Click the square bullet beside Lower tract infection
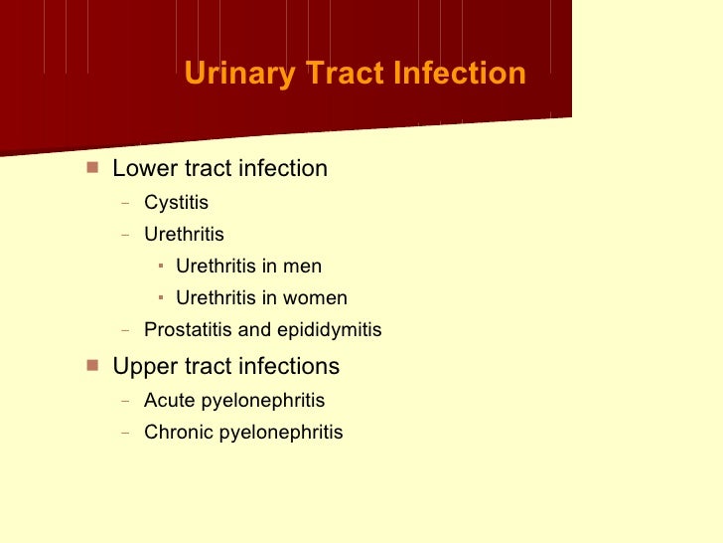coord(92,167)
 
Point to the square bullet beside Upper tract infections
coord(92,365)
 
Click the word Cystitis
coord(177,203)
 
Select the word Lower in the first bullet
coord(140,169)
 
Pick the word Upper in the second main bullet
coord(141,367)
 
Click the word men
coord(303,267)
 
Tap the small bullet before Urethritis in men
coord(162,266)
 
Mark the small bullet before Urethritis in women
coord(162,297)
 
